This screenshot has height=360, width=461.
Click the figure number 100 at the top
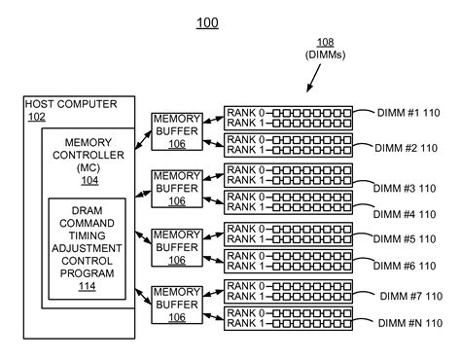207,21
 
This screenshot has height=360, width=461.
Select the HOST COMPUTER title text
69,104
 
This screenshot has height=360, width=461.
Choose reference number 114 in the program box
88,285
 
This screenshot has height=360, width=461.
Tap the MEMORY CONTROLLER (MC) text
88,155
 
